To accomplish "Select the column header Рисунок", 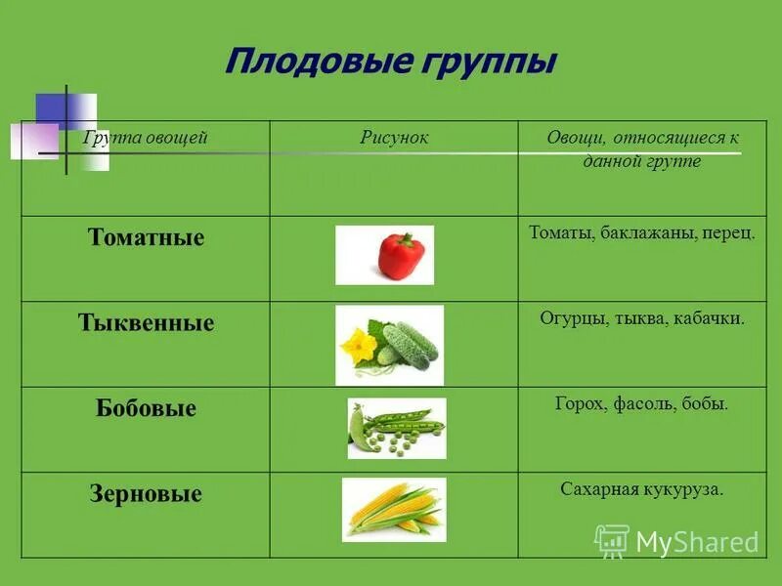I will pyautogui.click(x=394, y=138).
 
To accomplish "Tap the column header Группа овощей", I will pyautogui.click(x=146, y=138).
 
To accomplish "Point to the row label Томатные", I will pyautogui.click(x=146, y=237).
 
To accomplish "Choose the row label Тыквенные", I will pyautogui.click(x=146, y=323).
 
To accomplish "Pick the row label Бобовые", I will pyautogui.click(x=146, y=408).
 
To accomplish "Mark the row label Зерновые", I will pyautogui.click(x=146, y=494).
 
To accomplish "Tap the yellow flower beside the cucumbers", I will pyautogui.click(x=357, y=344).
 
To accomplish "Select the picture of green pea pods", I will pyautogui.click(x=396, y=428).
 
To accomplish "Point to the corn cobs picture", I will pyautogui.click(x=394, y=510).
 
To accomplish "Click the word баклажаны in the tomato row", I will pyautogui.click(x=636, y=233).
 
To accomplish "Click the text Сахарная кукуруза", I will pyautogui.click(x=641, y=489).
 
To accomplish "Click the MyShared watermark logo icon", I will pyautogui.click(x=612, y=540).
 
